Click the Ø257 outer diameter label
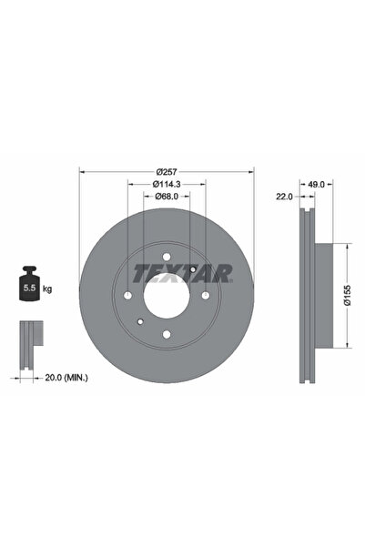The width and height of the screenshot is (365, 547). pyautogui.click(x=165, y=171)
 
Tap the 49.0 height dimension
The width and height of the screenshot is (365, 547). pyautogui.click(x=317, y=185)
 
